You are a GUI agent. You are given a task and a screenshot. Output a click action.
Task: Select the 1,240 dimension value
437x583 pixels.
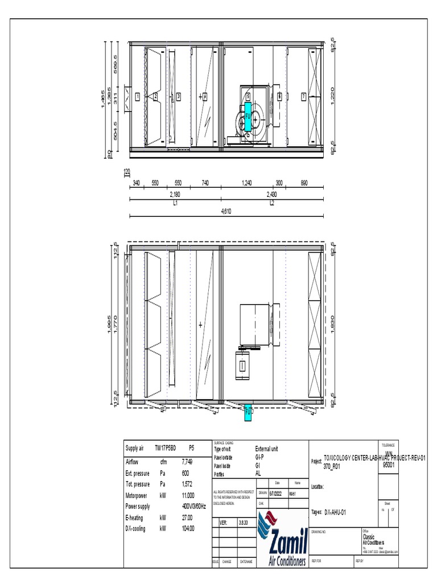[x=246, y=183]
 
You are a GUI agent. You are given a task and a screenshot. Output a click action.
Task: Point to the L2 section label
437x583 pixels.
[x=272, y=203]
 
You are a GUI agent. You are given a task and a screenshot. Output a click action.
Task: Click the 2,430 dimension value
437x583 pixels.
[x=272, y=195]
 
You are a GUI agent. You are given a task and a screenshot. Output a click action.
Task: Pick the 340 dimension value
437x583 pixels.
[x=137, y=183]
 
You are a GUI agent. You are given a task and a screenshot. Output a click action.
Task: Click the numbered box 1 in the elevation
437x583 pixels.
[x=137, y=97]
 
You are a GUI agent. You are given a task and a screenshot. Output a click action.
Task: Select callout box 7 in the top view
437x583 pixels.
[x=304, y=97]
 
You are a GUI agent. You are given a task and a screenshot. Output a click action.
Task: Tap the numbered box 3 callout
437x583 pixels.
[x=178, y=97]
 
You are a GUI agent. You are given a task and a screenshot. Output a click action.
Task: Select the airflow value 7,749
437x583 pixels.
[x=187, y=462]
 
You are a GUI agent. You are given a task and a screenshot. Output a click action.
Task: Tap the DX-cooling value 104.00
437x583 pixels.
[x=188, y=528]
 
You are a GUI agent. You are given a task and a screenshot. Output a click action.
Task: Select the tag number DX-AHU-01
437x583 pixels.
[x=335, y=512]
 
